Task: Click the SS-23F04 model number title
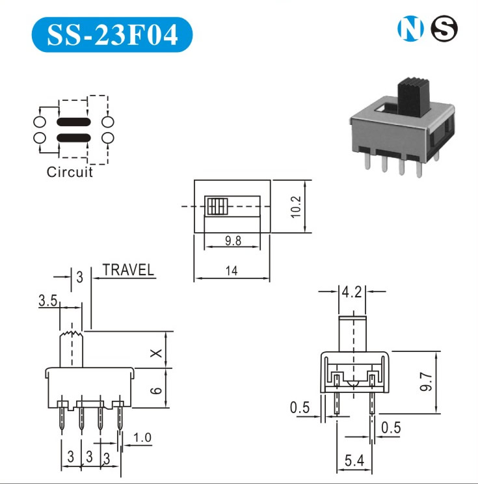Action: pos(113,34)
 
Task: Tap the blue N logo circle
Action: pos(410,29)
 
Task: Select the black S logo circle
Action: pos(444,29)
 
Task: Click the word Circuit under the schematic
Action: pos(70,172)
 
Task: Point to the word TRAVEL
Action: pos(128,270)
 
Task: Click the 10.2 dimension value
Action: pos(296,207)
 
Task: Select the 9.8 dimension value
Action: pos(233,241)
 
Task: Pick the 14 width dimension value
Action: pos(232,271)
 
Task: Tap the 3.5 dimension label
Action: pos(48,301)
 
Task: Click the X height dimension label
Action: pos(156,353)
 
